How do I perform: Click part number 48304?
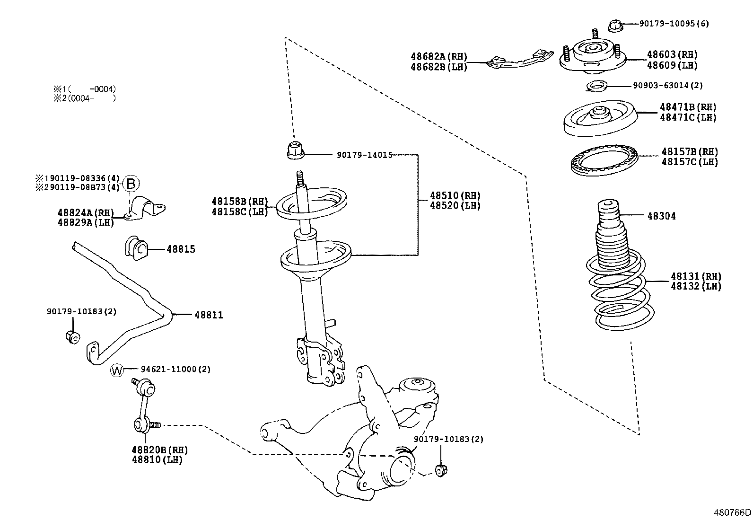pyautogui.click(x=661, y=216)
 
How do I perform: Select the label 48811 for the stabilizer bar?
pyautogui.click(x=208, y=315)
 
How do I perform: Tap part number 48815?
pyautogui.click(x=181, y=249)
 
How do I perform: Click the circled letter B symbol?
pyautogui.click(x=132, y=184)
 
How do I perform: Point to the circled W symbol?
pyautogui.click(x=116, y=370)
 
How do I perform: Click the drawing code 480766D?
pyautogui.click(x=732, y=512)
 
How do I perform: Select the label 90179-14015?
pyautogui.click(x=364, y=155)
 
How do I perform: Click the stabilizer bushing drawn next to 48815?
pyautogui.click(x=137, y=248)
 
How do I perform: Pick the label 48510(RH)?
pyautogui.click(x=455, y=196)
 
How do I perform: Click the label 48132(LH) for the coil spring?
pyautogui.click(x=695, y=286)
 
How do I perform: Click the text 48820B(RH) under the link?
pyautogui.click(x=160, y=450)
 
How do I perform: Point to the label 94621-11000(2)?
pyautogui.click(x=175, y=370)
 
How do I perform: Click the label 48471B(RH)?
pyautogui.click(x=688, y=107)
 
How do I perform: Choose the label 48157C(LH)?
pyautogui.click(x=689, y=162)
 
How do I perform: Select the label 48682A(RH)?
pyautogui.click(x=438, y=57)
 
